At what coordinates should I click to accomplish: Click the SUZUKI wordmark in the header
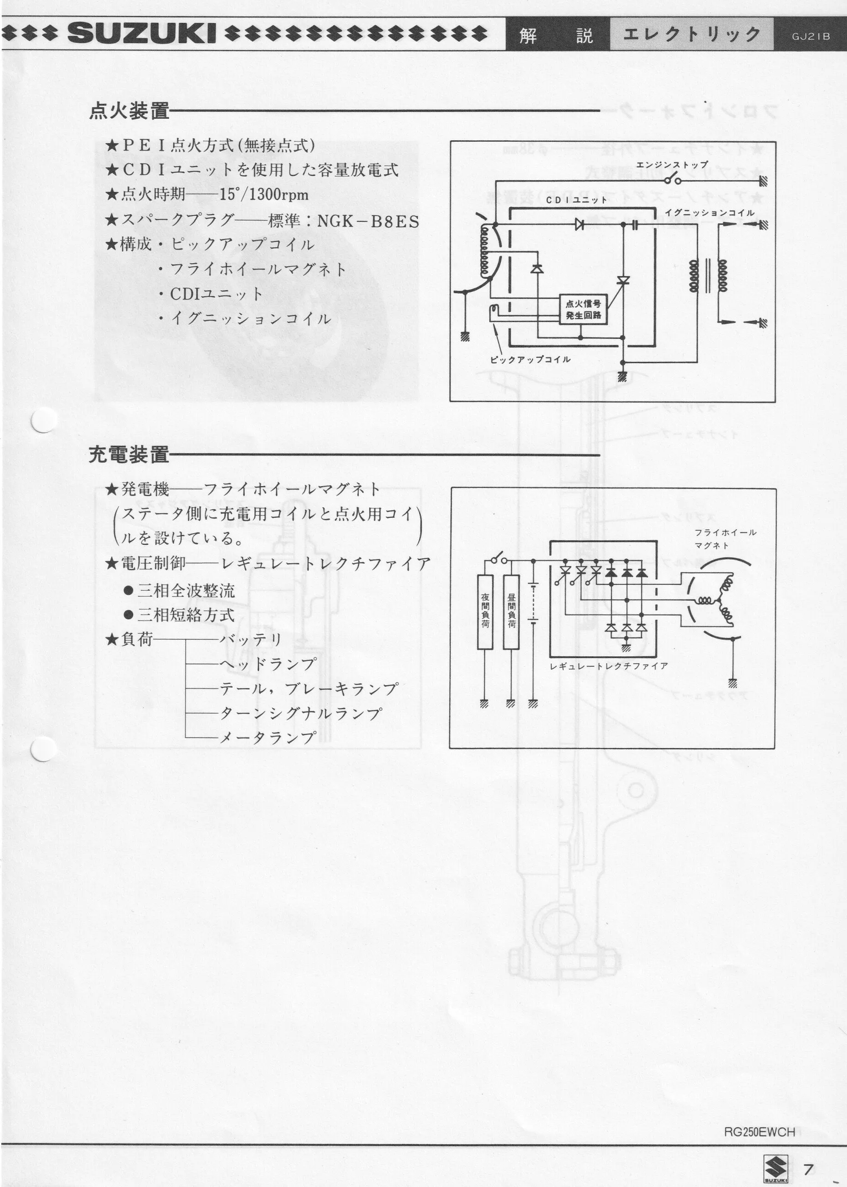pyautogui.click(x=141, y=34)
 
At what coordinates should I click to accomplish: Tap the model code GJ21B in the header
pyautogui.click(x=810, y=37)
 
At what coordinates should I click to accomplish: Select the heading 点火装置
pyautogui.click(x=129, y=111)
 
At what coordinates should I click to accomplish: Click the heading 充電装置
pyautogui.click(x=129, y=455)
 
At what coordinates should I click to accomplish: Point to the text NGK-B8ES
pyautogui.click(x=368, y=221)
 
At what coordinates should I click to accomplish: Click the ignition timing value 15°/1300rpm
pyautogui.click(x=264, y=195)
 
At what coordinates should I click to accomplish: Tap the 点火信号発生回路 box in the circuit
pyautogui.click(x=583, y=310)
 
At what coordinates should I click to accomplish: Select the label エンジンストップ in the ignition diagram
pyautogui.click(x=672, y=165)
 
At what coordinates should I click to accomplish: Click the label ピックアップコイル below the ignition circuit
pyautogui.click(x=530, y=360)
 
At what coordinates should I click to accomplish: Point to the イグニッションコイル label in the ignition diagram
pyautogui.click(x=709, y=213)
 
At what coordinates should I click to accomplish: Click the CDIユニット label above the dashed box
pyautogui.click(x=576, y=200)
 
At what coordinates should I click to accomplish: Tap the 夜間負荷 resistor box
pyautogui.click(x=485, y=612)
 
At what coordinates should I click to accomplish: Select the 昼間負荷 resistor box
pyautogui.click(x=511, y=612)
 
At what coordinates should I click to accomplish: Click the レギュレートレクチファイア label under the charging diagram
pyautogui.click(x=609, y=666)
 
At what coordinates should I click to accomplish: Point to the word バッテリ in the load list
pyautogui.click(x=250, y=639)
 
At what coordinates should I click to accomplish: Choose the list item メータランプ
pyautogui.click(x=268, y=738)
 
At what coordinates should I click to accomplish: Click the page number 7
pyautogui.click(x=808, y=1155)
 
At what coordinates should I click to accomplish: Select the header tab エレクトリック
pyautogui.click(x=691, y=35)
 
